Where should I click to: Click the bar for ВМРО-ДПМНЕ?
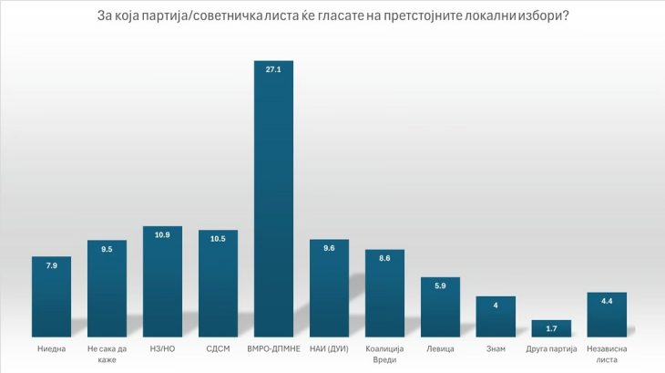pyautogui.click(x=273, y=201)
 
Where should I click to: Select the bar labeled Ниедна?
pyautogui.click(x=51, y=297)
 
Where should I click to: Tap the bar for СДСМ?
pyautogui.click(x=218, y=285)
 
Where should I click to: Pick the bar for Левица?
pyautogui.click(x=440, y=307)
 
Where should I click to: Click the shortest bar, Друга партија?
pyautogui.click(x=551, y=329)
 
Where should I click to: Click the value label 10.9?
pyautogui.click(x=162, y=235)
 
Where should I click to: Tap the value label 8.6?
pyautogui.click(x=384, y=259)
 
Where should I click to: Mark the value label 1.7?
pyautogui.click(x=551, y=326)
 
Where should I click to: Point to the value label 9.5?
pyautogui.click(x=107, y=249)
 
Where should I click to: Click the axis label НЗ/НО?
pyautogui.click(x=162, y=349)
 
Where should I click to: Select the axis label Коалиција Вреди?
pyautogui.click(x=384, y=355)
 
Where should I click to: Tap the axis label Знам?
pyautogui.click(x=496, y=349)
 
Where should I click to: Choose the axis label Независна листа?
pyautogui.click(x=607, y=355)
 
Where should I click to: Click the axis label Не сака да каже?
pyautogui.click(x=107, y=355)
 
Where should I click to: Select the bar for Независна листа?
pyautogui.click(x=607, y=316)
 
